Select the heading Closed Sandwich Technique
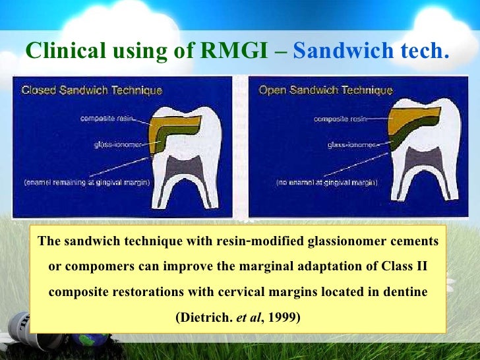click(x=92, y=90)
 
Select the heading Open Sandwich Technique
click(x=326, y=90)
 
